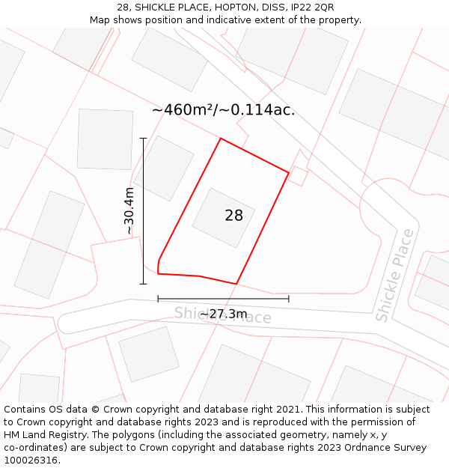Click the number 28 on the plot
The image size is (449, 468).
pyautogui.click(x=233, y=216)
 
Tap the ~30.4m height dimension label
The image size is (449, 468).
pyautogui.click(x=129, y=211)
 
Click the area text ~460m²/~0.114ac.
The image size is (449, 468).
pyautogui.click(x=223, y=110)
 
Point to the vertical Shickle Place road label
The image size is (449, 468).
pyautogui.click(x=394, y=276)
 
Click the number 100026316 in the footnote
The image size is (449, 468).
pyautogui.click(x=30, y=461)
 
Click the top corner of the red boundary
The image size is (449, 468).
pyautogui.click(x=220, y=139)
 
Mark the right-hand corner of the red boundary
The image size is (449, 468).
pyautogui.click(x=289, y=173)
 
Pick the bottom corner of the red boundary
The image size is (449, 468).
pyautogui.click(x=236, y=284)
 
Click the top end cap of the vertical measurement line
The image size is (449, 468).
pyautogui.click(x=143, y=139)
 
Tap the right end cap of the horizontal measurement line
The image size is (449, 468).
pyautogui.click(x=289, y=299)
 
